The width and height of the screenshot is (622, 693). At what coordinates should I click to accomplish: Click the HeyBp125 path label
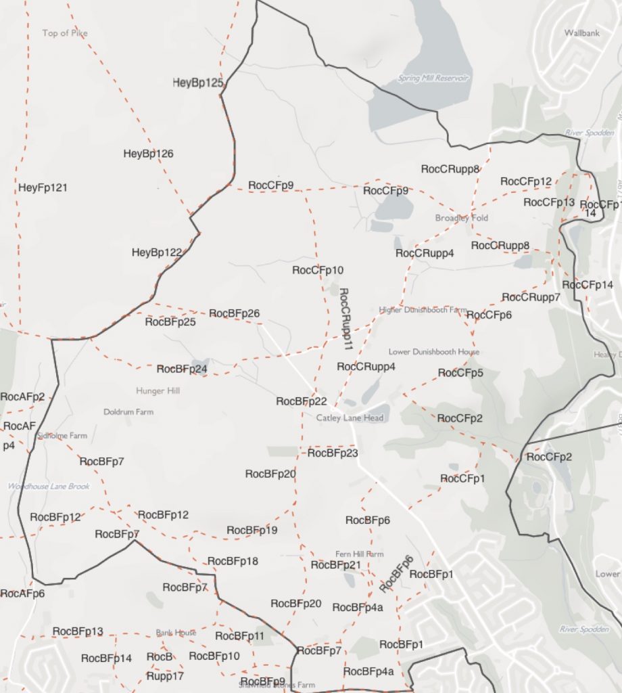click(198, 83)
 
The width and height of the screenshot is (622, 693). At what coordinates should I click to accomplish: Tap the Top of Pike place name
click(65, 33)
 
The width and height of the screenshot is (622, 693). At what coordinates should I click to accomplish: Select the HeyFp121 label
click(43, 187)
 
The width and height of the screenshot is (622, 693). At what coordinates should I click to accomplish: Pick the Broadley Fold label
click(462, 218)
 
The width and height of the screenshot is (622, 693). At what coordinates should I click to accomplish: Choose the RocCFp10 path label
click(318, 270)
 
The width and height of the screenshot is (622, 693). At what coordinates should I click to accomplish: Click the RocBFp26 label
click(235, 313)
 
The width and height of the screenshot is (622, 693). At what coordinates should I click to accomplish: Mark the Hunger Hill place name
click(158, 390)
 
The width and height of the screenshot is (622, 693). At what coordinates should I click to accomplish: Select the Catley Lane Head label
click(350, 418)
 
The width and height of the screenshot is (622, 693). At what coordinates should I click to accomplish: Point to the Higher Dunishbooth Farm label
click(423, 310)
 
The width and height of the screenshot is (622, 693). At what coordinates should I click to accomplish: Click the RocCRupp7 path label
click(531, 297)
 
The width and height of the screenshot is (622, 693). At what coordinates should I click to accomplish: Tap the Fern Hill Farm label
click(359, 554)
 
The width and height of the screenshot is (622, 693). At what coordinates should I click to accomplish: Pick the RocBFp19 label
click(252, 530)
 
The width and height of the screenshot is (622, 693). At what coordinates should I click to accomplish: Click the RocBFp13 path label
click(78, 631)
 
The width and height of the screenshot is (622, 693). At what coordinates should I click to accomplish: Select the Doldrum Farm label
click(128, 411)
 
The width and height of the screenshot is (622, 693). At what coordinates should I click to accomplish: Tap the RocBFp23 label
click(333, 453)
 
